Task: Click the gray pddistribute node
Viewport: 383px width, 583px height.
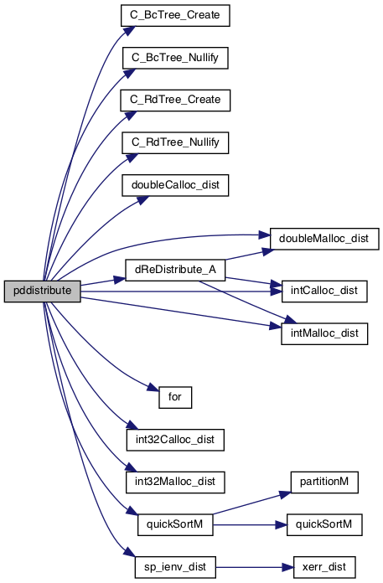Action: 43,291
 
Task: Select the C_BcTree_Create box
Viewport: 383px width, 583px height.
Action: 175,16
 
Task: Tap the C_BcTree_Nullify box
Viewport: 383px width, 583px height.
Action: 175,58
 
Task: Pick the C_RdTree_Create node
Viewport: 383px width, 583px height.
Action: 175,101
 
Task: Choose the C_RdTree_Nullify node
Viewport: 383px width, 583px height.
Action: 175,142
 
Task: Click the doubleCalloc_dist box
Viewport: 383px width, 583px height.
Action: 175,185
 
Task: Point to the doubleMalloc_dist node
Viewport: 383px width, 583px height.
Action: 324,239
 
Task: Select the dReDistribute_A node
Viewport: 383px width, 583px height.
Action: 175,270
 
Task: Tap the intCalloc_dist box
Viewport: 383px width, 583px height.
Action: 324,291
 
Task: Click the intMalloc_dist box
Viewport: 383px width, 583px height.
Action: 324,334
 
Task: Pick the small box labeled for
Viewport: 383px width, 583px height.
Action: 175,398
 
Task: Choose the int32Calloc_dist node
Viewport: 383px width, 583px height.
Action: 175,440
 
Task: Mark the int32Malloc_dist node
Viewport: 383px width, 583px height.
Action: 175,482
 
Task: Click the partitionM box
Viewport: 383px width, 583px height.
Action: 324,482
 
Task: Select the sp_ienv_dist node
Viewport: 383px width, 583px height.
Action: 175,567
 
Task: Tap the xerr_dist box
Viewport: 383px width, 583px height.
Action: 324,567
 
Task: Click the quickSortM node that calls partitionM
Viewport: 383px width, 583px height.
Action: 175,525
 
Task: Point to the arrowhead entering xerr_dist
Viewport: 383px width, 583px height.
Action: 287,567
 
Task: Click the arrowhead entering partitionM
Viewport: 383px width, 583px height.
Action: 286,494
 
